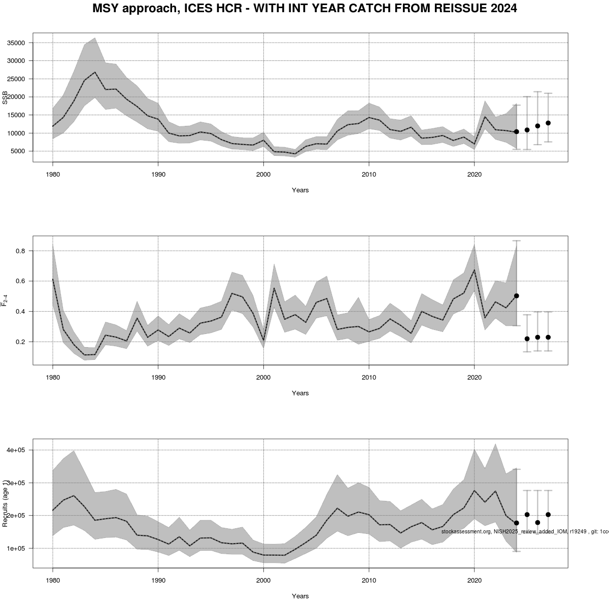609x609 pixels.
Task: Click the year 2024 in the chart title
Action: tap(502, 9)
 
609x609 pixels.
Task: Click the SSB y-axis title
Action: tap(5, 97)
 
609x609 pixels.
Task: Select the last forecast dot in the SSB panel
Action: tap(548, 123)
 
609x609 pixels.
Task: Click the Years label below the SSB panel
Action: tap(300, 190)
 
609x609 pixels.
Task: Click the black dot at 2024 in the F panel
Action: tap(516, 295)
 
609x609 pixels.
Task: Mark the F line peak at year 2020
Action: tap(474, 269)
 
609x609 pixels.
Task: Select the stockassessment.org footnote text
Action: tap(523, 531)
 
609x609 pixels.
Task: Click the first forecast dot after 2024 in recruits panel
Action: tap(527, 515)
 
